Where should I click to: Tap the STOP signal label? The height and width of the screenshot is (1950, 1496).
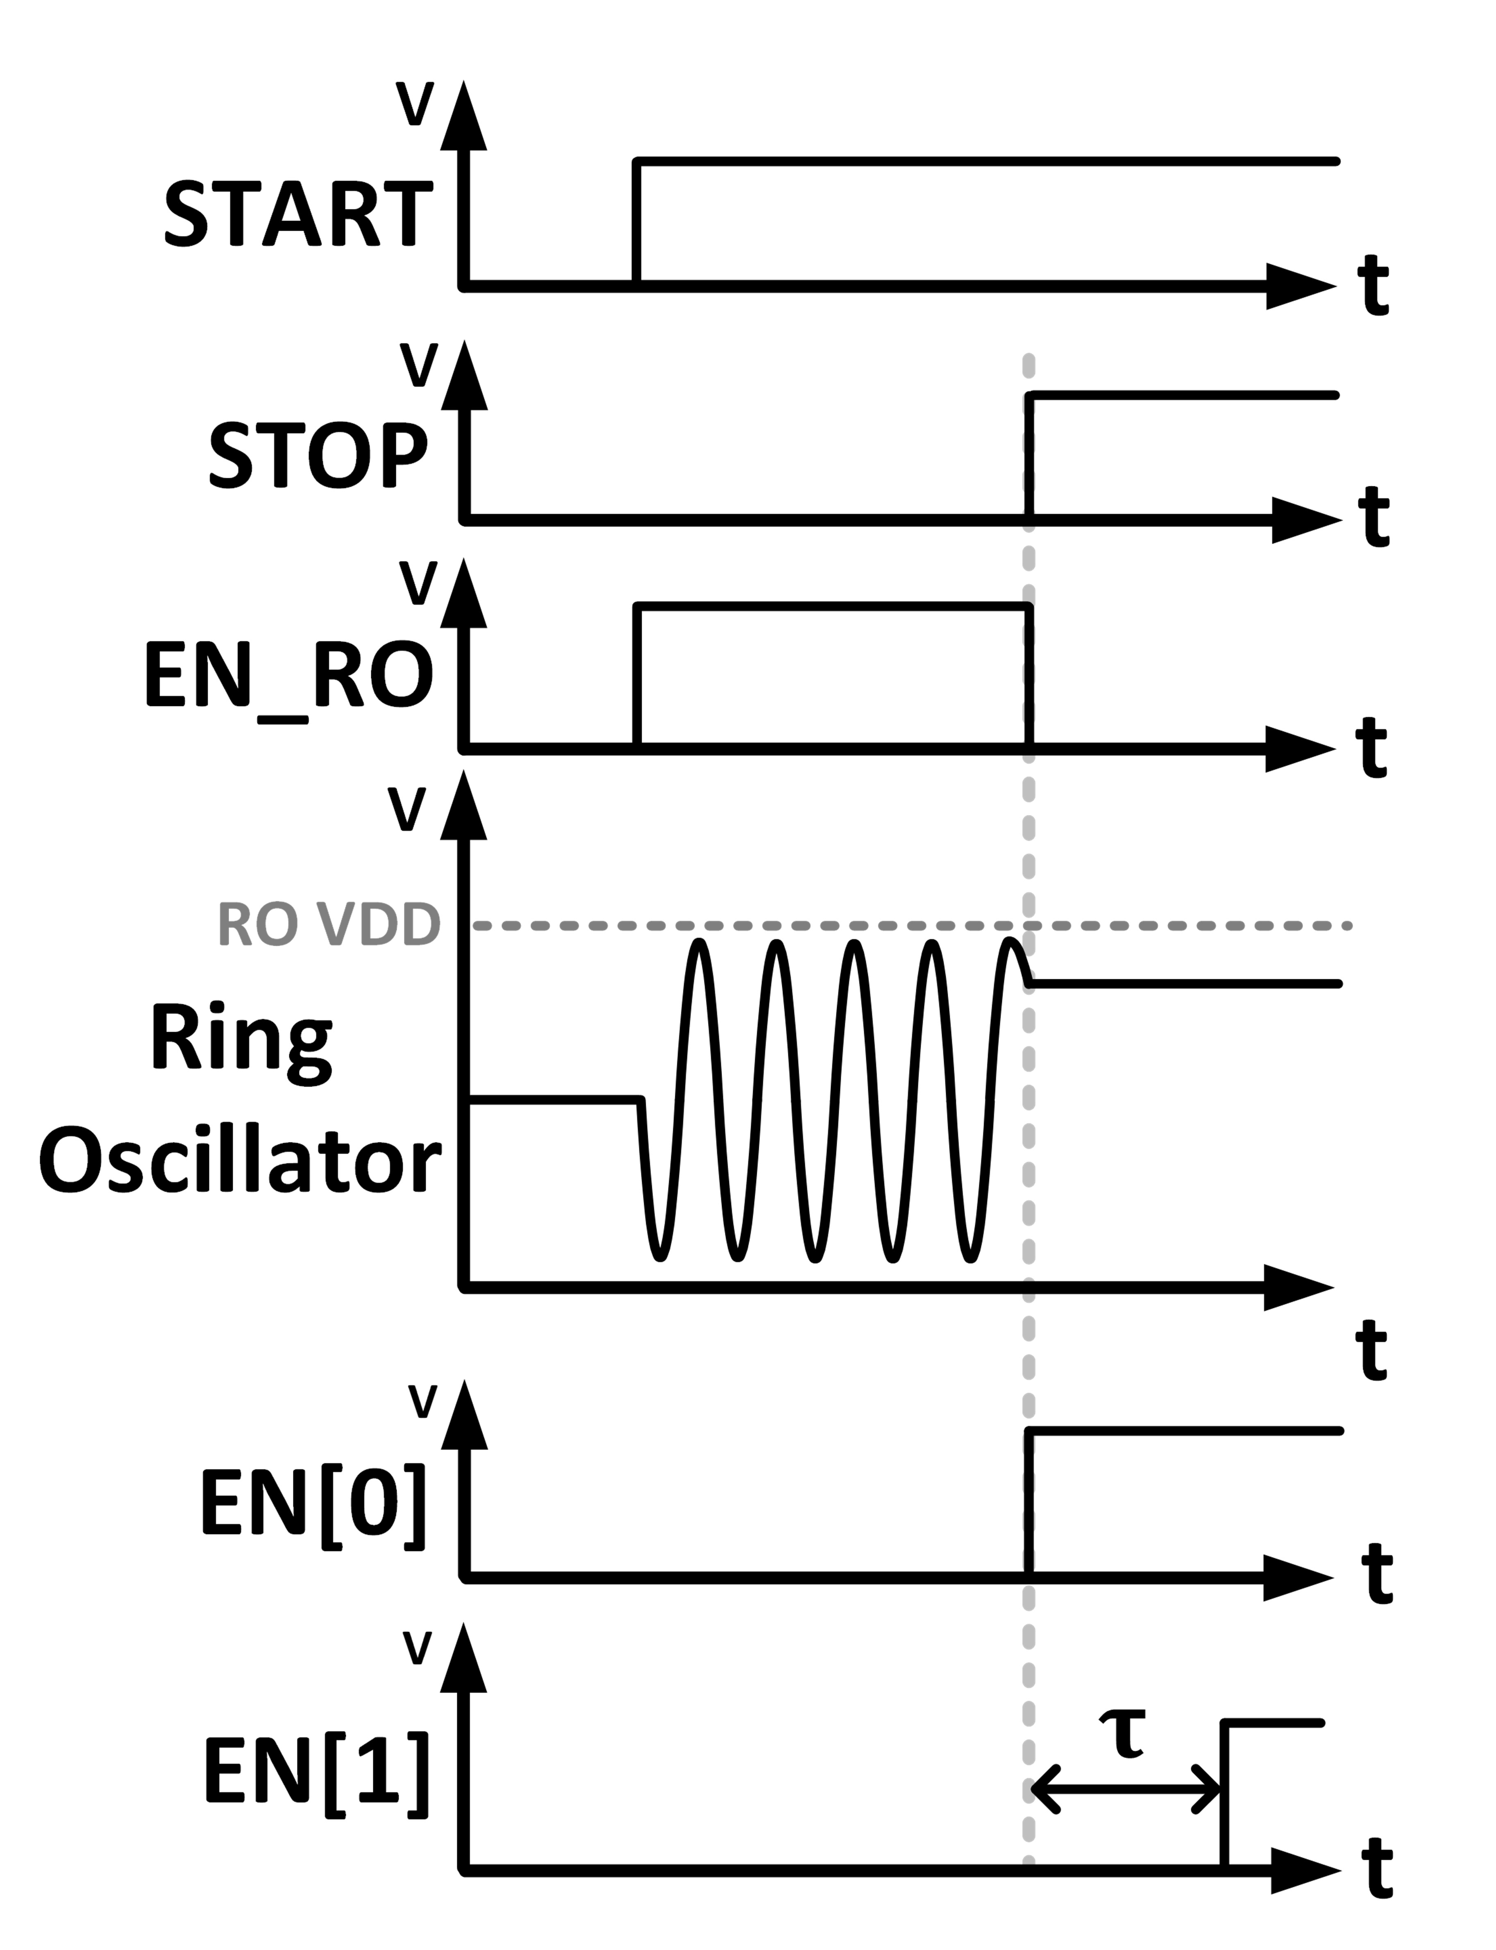318,456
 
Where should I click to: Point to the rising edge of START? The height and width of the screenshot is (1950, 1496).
636,222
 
